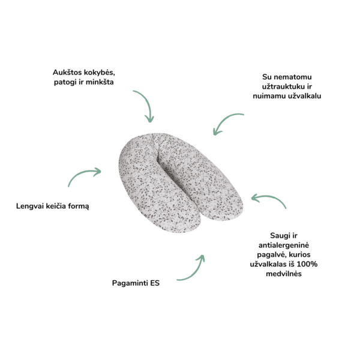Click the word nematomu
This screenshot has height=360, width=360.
tap(285, 77)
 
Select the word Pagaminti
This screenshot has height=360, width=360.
tap(131, 283)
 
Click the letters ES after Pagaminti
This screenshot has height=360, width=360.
tap(155, 283)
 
